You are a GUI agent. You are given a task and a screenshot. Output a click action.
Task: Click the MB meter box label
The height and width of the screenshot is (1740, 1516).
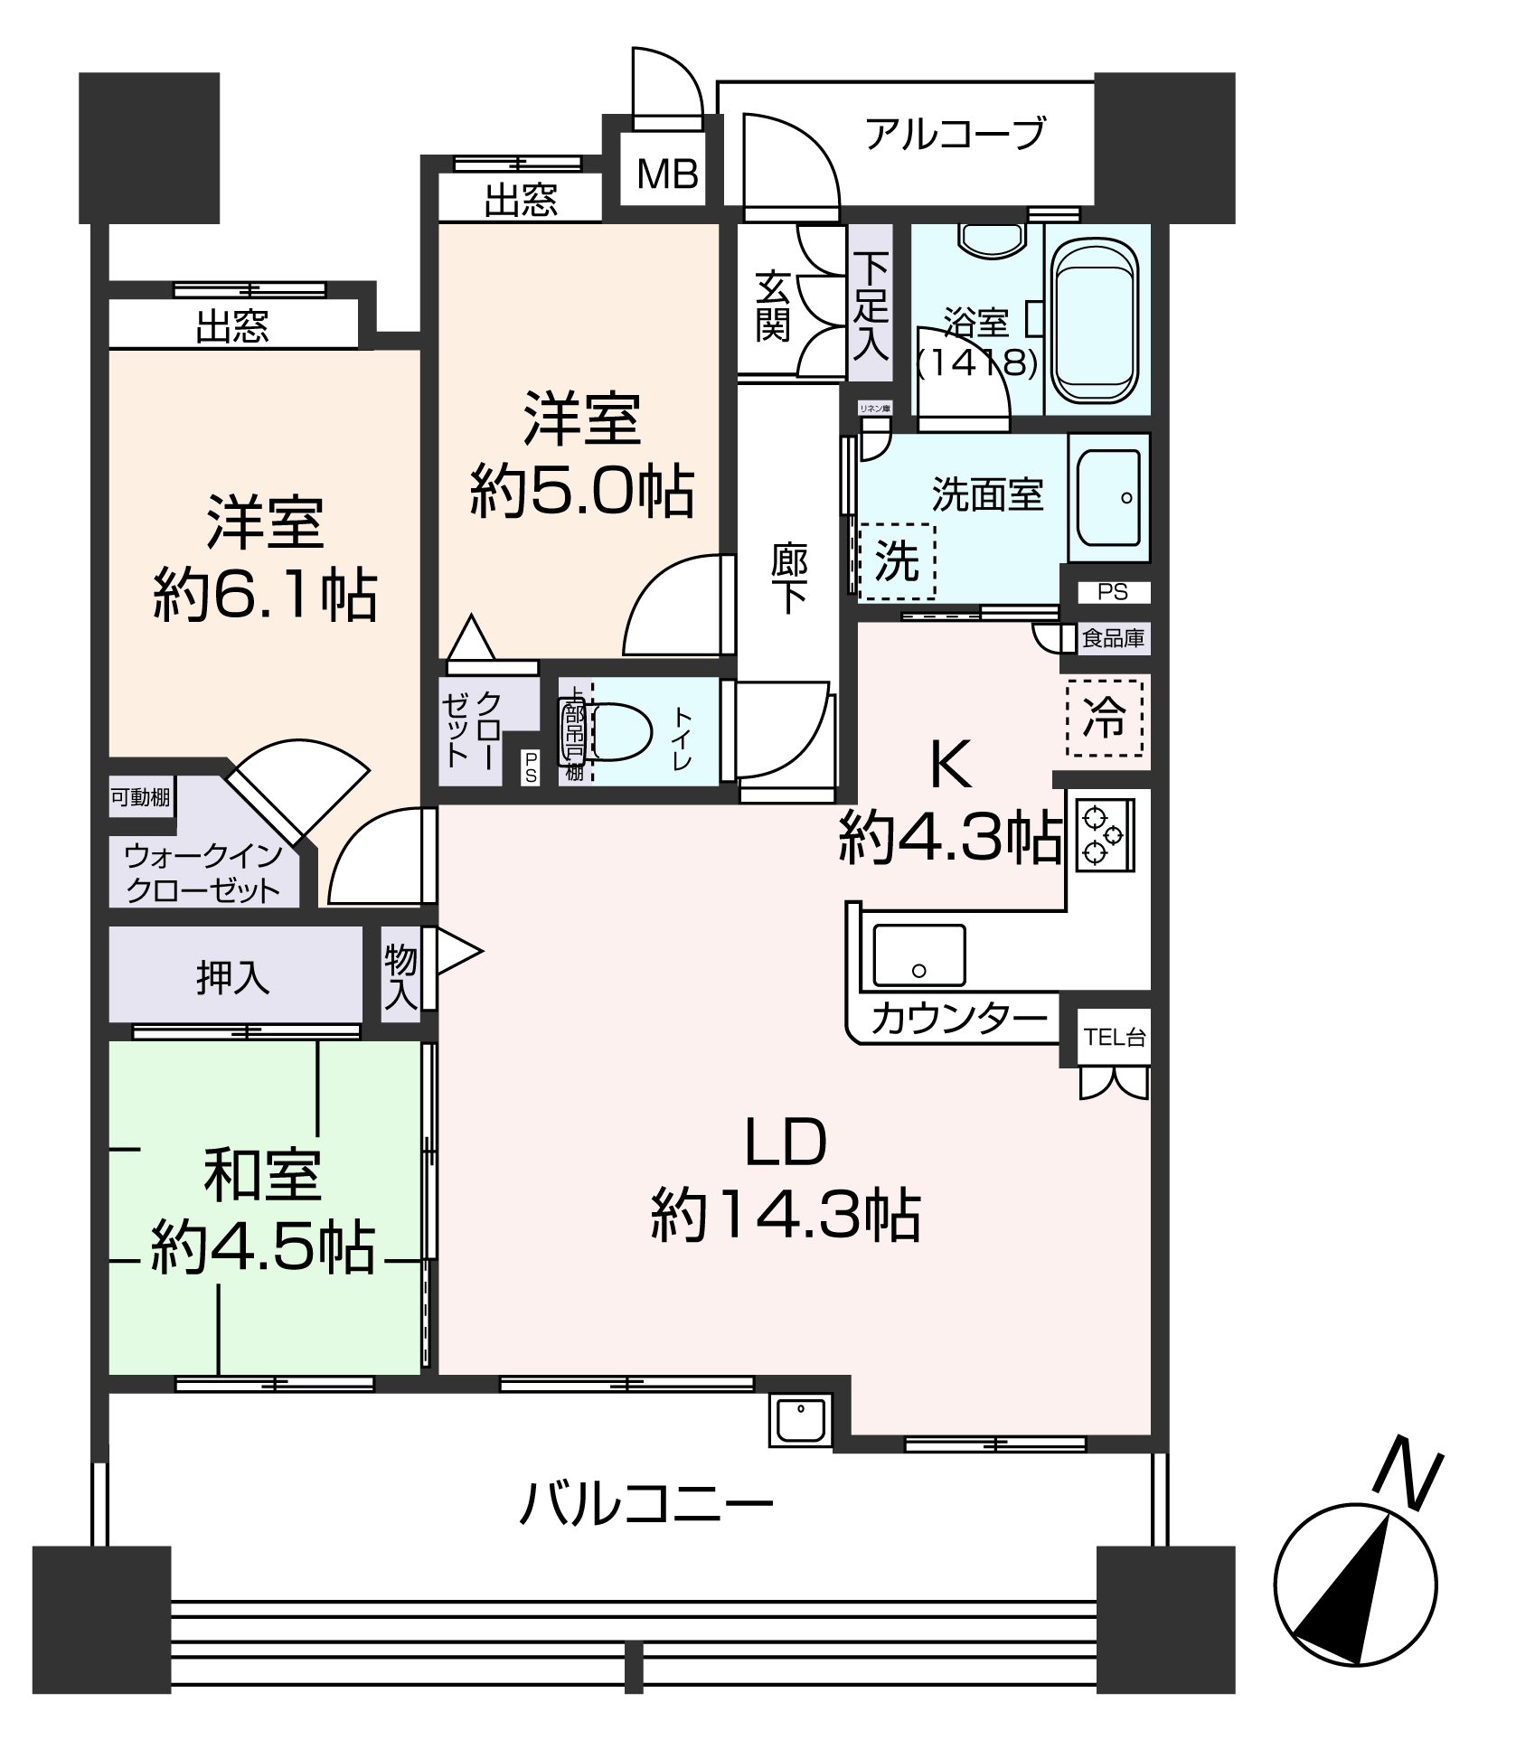[x=667, y=174]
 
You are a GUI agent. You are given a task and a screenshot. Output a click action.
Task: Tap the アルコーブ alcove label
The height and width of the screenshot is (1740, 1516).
[x=955, y=134]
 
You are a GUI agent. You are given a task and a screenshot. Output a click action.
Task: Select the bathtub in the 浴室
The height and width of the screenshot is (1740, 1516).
[x=1097, y=323]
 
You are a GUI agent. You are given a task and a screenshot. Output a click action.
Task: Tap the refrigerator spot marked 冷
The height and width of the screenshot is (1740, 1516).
[x=1104, y=719]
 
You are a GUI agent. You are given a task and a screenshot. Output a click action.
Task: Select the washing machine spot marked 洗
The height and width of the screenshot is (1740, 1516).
[x=896, y=561]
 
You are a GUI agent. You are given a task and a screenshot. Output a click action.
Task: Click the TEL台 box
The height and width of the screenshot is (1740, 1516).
[x=1115, y=1037]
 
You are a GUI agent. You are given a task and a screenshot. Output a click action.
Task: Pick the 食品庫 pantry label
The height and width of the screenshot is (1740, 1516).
[x=1114, y=639]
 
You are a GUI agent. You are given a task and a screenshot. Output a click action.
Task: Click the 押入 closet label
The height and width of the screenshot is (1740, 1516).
[x=233, y=978]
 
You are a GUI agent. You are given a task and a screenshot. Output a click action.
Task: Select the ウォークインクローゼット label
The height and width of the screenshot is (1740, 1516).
[x=203, y=873]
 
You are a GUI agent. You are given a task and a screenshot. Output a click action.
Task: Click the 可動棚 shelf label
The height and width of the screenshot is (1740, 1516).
[x=141, y=797]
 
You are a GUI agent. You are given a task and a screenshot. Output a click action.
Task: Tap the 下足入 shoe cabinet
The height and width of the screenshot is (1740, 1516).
[x=871, y=304]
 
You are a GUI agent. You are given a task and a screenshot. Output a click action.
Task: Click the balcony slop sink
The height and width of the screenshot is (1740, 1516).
[x=800, y=1421]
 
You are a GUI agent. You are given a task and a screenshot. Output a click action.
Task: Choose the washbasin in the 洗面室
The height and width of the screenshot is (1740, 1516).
[x=1108, y=497]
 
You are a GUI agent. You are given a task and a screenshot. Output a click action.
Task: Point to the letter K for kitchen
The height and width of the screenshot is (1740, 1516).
[x=951, y=765]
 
